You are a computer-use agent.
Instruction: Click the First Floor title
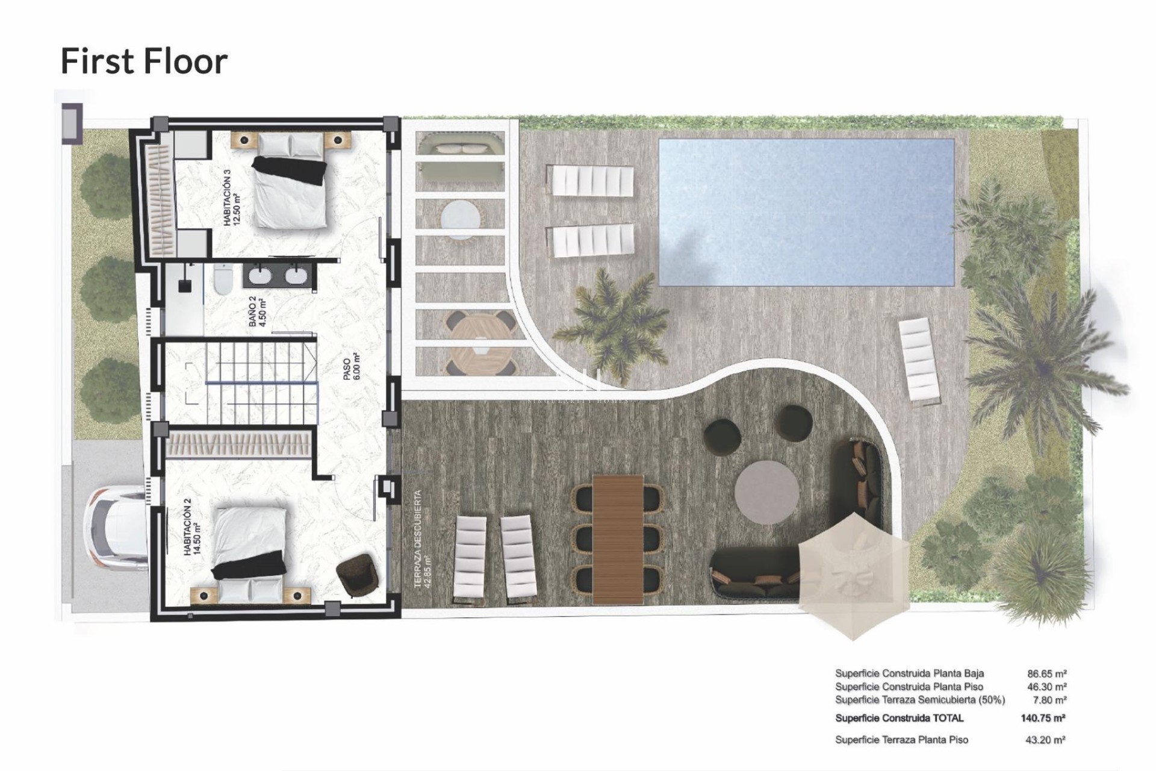144,61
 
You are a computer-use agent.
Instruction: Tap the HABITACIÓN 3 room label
231,198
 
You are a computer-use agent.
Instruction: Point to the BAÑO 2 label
257,311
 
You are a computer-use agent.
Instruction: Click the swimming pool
806,212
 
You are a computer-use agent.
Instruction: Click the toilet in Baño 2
222,281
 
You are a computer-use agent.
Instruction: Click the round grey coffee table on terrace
766,493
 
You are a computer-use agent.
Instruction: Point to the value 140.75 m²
1043,718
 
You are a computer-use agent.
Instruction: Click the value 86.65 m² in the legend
1046,673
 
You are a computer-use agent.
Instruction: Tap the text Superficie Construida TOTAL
899,718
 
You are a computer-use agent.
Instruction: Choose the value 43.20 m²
1045,740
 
